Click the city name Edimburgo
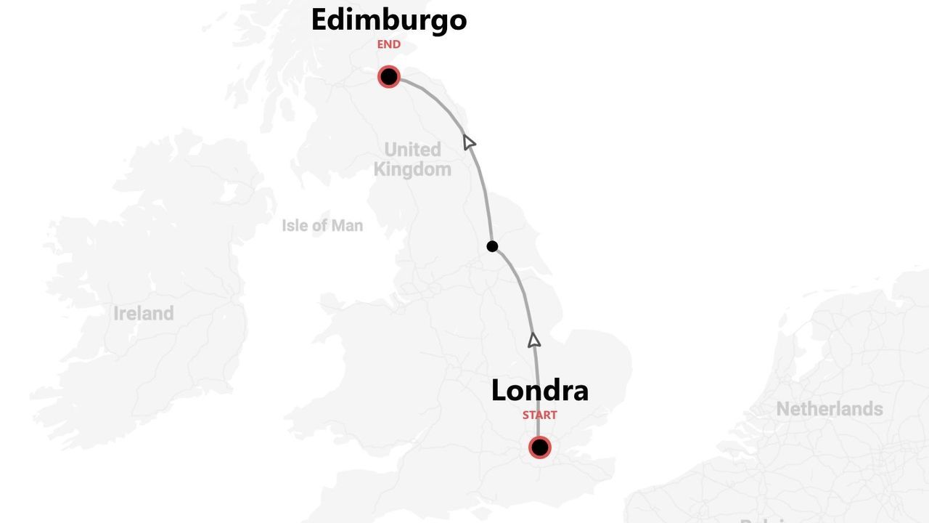[x=388, y=20]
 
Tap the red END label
[x=388, y=44]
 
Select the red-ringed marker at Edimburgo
[x=389, y=76]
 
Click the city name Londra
[x=539, y=391]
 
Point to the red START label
[x=539, y=415]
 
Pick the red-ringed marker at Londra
[x=539, y=447]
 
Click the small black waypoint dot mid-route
[x=492, y=246]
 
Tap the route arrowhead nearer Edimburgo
[x=469, y=142]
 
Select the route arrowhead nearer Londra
[x=534, y=340]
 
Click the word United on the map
[x=412, y=150]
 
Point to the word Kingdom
[x=412, y=170]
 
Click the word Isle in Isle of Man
[x=295, y=226]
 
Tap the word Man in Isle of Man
[x=347, y=226]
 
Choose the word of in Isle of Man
[x=320, y=226]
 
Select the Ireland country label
[x=144, y=314]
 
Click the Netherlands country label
[x=830, y=409]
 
